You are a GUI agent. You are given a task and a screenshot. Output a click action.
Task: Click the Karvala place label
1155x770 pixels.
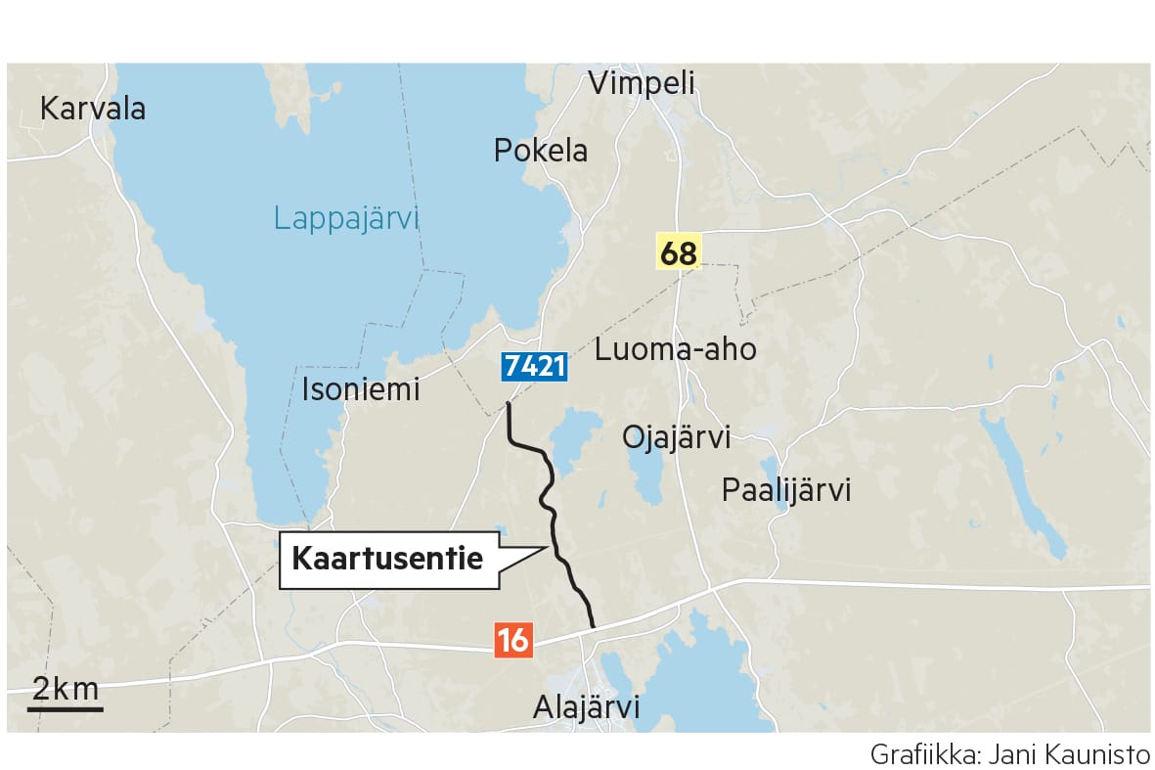coord(93,109)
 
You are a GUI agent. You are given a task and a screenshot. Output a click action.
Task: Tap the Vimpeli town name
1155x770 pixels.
coord(641,83)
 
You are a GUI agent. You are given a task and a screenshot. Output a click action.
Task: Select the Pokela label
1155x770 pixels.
coord(541,151)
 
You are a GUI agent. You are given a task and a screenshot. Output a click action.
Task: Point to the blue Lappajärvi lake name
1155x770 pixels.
coord(345,217)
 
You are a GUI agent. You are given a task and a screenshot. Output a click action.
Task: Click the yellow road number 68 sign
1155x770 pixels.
coord(678,253)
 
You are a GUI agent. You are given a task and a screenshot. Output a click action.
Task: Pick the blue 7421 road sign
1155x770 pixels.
coord(534,367)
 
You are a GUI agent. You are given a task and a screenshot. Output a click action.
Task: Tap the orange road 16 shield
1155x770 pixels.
coord(512,641)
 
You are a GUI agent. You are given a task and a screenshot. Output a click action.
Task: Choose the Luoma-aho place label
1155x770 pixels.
coord(675,349)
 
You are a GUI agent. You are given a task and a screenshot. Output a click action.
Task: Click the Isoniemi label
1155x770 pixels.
coord(360,389)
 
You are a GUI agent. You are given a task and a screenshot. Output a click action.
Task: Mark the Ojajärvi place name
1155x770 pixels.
coord(677,437)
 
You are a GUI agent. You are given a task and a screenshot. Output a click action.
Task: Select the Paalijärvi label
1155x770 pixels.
coord(786,489)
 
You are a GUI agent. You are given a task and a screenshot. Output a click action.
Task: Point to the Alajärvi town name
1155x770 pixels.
coord(586,706)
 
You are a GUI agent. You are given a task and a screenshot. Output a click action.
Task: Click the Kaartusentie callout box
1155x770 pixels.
coord(389,561)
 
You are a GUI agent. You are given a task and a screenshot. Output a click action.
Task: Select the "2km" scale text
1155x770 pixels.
coord(66,689)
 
